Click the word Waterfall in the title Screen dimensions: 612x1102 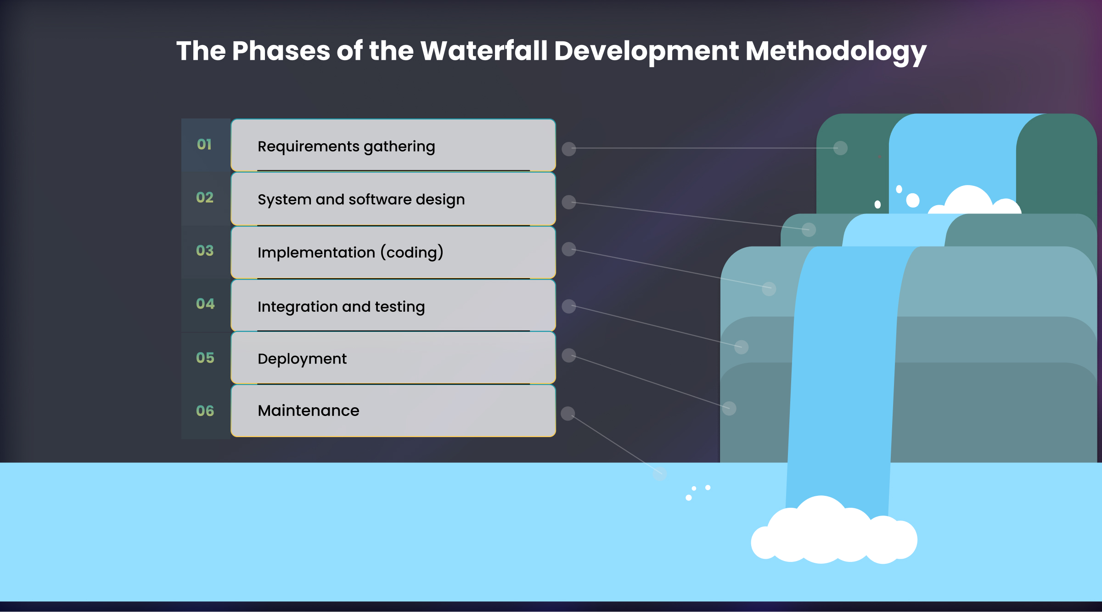[484, 51]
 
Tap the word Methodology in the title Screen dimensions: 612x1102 [835, 51]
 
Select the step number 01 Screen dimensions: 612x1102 [204, 145]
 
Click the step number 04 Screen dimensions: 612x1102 [205, 303]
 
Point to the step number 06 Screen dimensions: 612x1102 [205, 410]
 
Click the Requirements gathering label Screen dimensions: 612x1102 [346, 146]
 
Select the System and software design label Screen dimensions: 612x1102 [361, 200]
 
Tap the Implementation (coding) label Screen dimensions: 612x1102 [350, 253]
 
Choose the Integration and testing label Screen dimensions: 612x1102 [341, 307]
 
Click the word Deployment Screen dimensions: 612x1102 [302, 359]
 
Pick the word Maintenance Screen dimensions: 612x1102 [308, 410]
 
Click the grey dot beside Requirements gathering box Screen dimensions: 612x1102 [569, 149]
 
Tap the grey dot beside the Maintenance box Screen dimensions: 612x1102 [568, 414]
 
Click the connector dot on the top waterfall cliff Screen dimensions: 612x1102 [840, 148]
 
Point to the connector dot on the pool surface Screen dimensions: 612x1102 [660, 473]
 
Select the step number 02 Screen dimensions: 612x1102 [205, 197]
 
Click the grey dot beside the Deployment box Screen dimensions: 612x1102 [569, 355]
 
